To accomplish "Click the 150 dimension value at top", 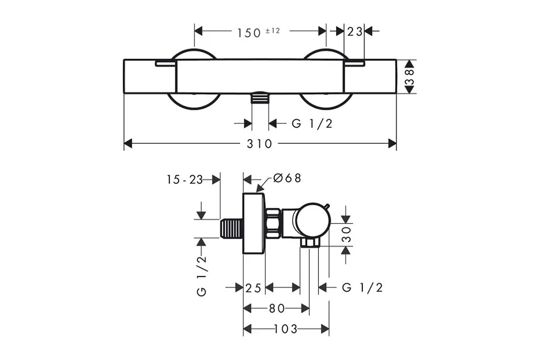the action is [x=249, y=33].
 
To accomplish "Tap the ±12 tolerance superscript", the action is [x=273, y=30].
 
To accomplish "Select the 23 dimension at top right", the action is [x=355, y=31].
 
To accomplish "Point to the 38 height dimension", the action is [x=409, y=77].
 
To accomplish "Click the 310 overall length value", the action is [x=260, y=144].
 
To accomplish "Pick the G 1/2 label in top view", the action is [x=312, y=123].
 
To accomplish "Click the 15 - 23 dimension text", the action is [x=185, y=179].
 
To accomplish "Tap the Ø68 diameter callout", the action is [x=287, y=178].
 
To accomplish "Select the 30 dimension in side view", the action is [x=347, y=235].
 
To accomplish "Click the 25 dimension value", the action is [x=253, y=288].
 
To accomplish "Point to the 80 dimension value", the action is [x=277, y=309].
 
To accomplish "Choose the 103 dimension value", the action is [x=286, y=329].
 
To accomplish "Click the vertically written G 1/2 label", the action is [x=202, y=276].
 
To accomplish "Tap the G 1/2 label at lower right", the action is [x=362, y=287].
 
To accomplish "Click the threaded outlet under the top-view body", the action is [x=260, y=98].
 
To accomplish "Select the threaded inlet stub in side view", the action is [x=231, y=228].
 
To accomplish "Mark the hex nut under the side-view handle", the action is [x=309, y=243].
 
